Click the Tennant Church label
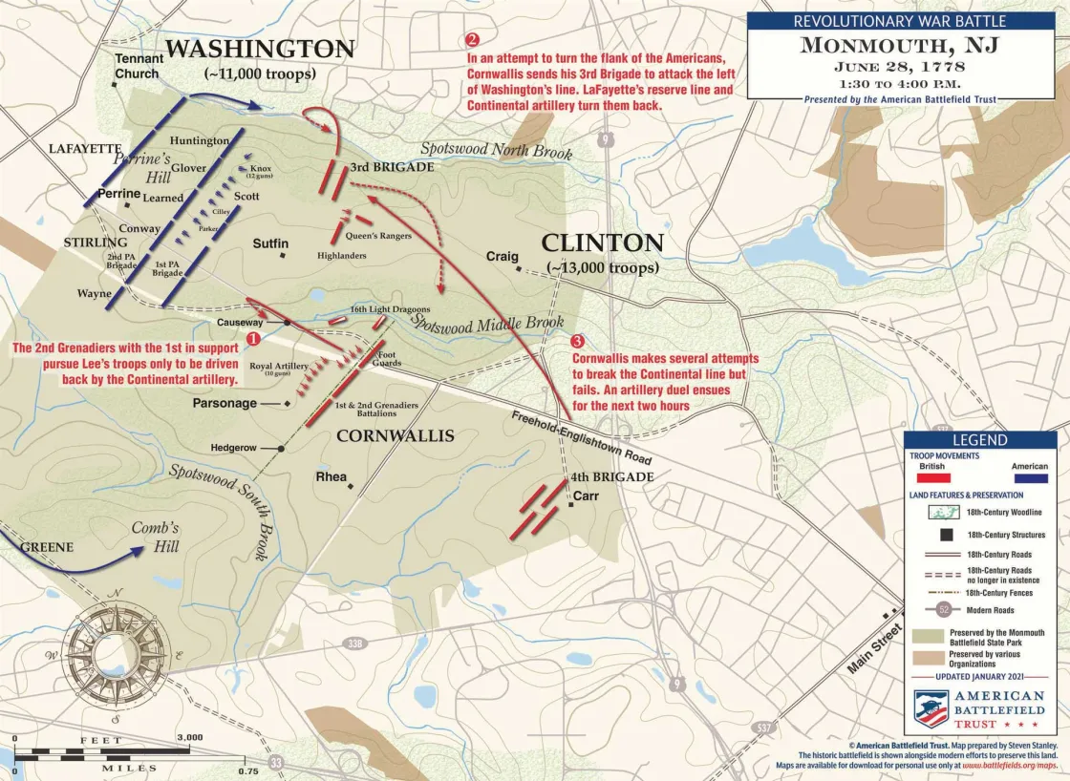139,66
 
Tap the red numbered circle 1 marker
253,337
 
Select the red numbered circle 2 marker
472,40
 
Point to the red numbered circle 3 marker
577,341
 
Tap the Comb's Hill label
155,538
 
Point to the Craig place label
502,257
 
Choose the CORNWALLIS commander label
396,436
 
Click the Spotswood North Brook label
496,151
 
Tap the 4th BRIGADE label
611,476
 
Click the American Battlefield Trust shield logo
931,709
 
